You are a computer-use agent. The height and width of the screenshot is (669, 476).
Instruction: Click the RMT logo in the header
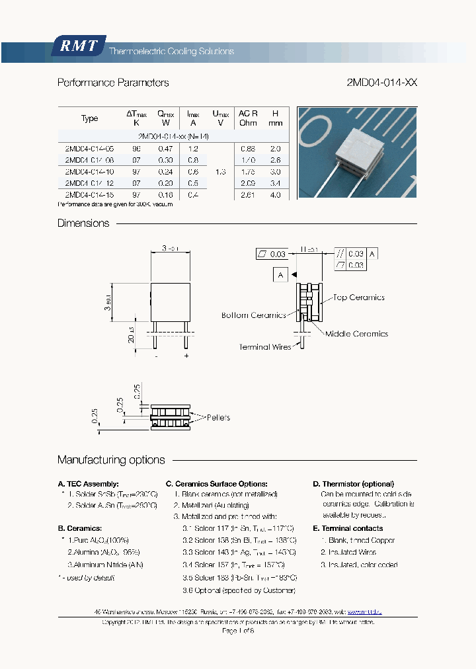[x=79, y=46]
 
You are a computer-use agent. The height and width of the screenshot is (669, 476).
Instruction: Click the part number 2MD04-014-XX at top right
[x=381, y=83]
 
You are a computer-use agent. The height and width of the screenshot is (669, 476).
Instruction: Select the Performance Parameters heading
[x=113, y=83]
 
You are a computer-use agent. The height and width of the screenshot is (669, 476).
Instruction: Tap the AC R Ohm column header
[x=248, y=118]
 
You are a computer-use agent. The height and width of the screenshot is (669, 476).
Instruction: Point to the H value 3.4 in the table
[x=275, y=183]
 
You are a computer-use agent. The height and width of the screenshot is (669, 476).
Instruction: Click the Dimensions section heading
[x=83, y=223]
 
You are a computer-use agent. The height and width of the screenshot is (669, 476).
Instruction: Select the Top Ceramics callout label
[x=358, y=298]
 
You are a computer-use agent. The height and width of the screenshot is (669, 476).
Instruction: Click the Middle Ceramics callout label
[x=356, y=334]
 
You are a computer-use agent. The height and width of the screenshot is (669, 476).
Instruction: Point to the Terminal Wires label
[x=264, y=347]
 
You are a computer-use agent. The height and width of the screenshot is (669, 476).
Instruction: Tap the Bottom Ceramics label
[x=253, y=315]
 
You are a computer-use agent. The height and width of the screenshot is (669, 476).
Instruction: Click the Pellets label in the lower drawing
[x=219, y=418]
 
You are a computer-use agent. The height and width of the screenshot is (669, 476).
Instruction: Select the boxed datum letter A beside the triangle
[x=281, y=274]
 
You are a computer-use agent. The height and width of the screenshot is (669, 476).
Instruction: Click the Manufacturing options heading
[x=111, y=460]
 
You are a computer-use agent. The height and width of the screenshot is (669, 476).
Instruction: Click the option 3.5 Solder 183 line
[x=238, y=577]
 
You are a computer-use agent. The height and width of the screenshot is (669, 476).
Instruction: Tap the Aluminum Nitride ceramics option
[x=106, y=565]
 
